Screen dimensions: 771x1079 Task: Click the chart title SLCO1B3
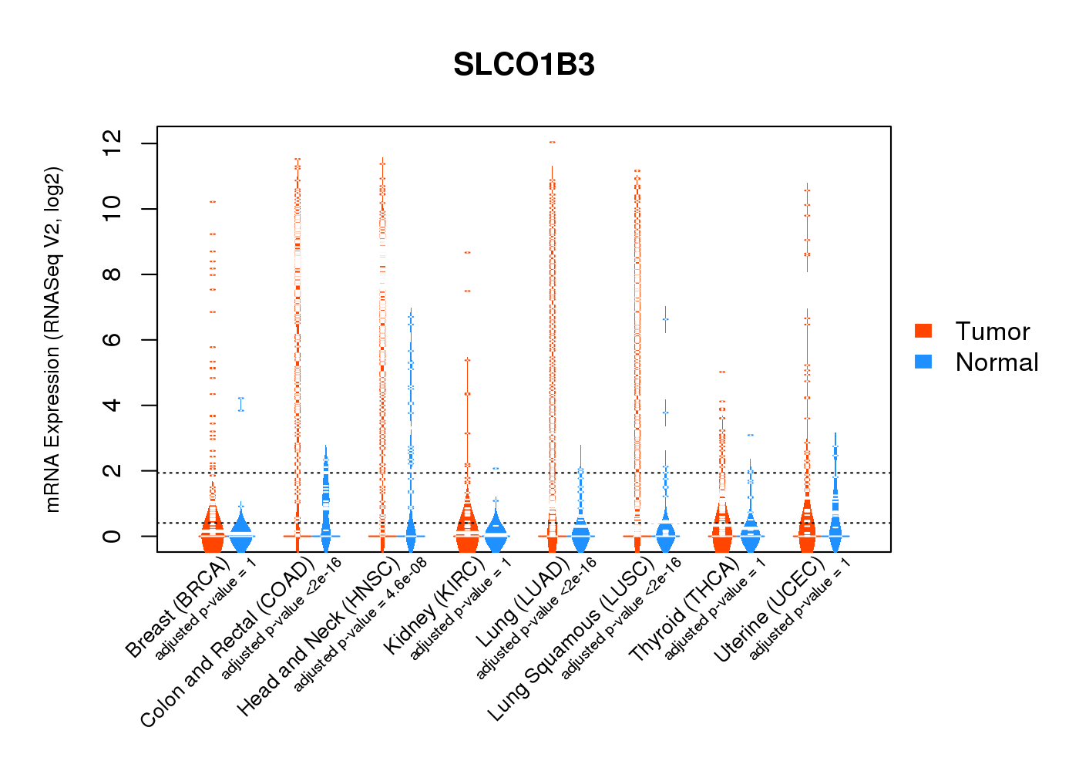[524, 66]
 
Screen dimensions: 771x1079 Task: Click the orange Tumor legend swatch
[923, 331]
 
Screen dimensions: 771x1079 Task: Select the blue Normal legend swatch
[923, 362]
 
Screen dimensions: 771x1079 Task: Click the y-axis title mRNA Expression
[52, 339]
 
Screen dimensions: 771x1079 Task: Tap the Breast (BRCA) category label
[177, 609]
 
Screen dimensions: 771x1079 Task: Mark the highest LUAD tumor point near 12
[552, 143]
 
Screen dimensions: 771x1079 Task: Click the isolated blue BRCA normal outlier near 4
[241, 404]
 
